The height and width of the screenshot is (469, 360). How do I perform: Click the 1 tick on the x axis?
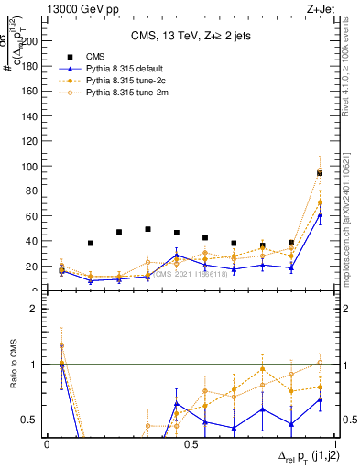(333, 444)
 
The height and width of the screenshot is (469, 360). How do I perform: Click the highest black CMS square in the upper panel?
(320, 172)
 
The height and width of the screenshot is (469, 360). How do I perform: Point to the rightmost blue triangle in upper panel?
(320, 215)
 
